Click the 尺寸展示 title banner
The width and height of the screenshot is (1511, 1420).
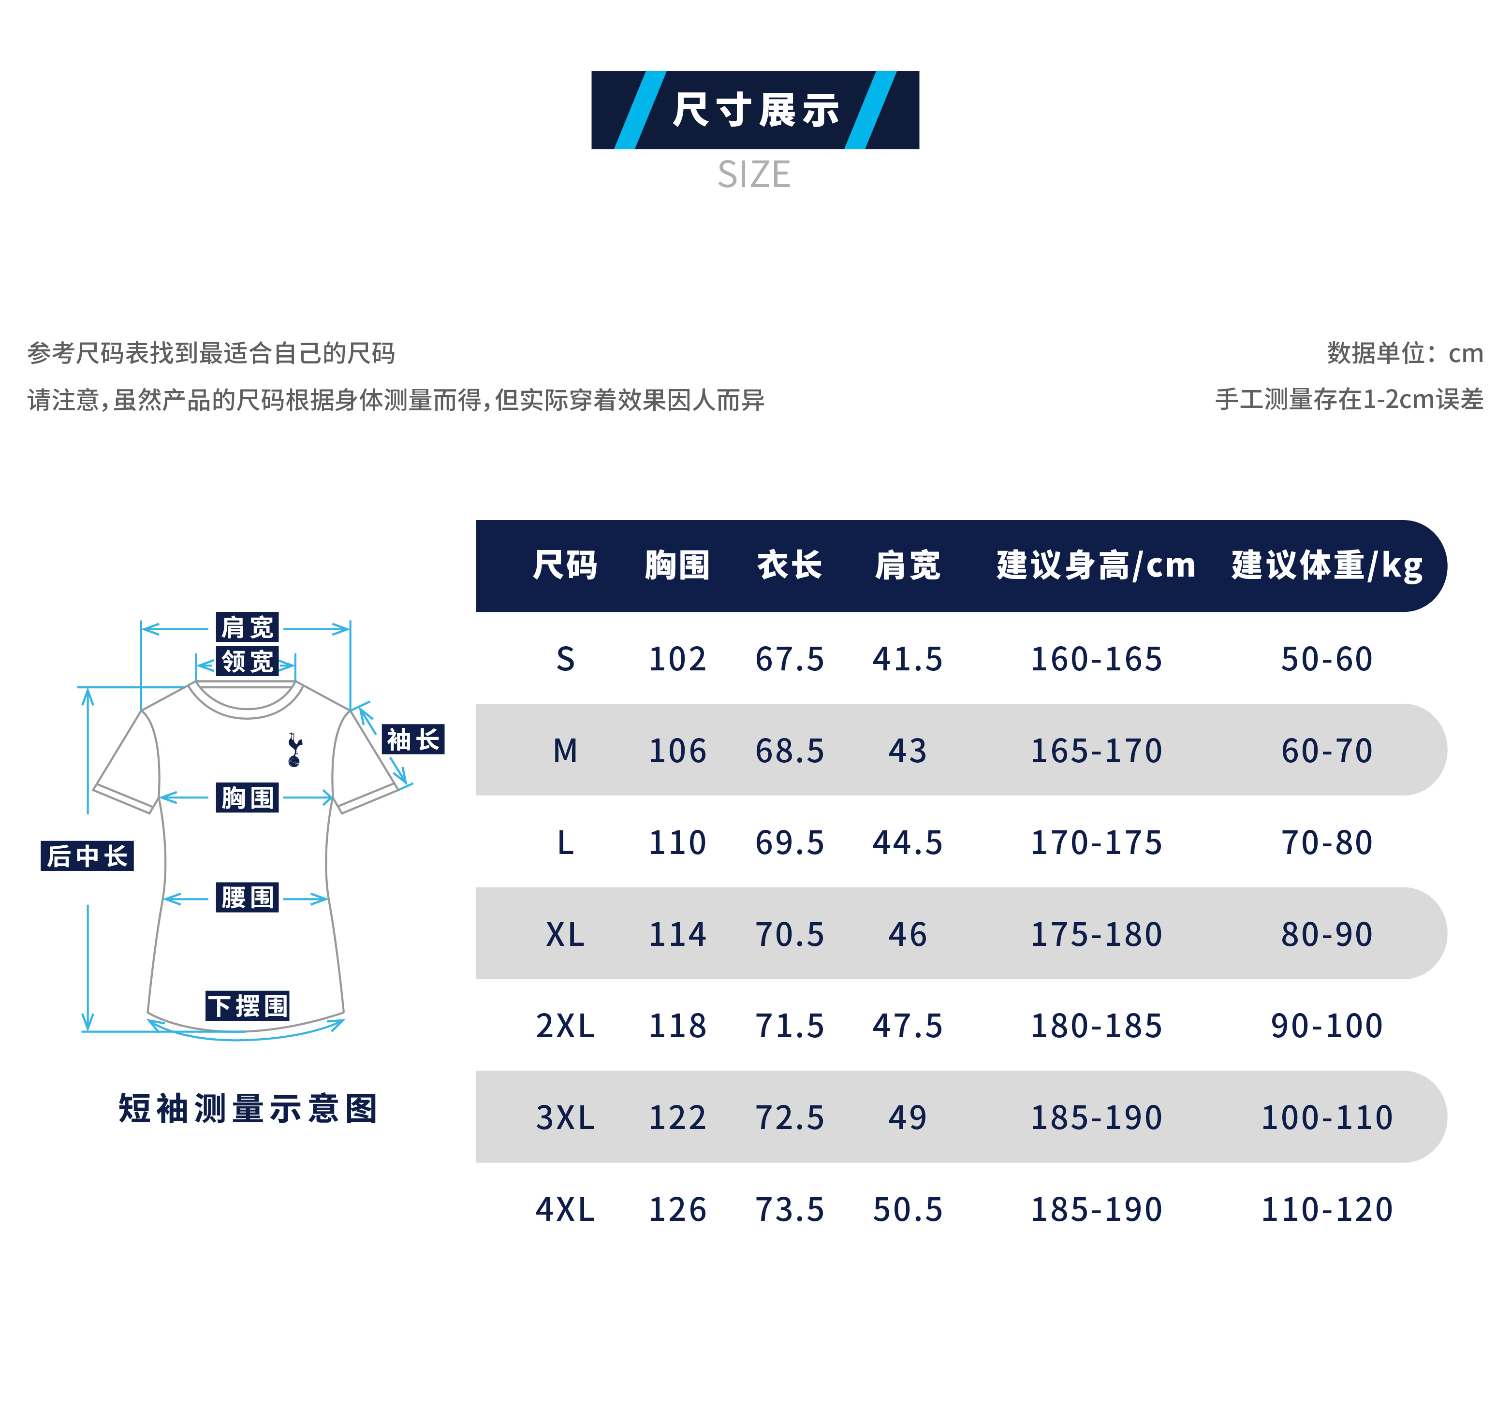click(x=755, y=110)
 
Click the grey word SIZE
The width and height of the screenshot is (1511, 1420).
click(x=754, y=175)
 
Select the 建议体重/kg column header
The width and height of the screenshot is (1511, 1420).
click(x=1326, y=566)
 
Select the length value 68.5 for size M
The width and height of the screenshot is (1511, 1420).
click(x=789, y=751)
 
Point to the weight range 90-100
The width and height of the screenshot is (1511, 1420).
click(x=1326, y=1026)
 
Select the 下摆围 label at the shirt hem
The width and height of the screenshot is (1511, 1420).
click(x=247, y=1006)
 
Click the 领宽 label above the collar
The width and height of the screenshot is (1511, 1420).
click(x=247, y=661)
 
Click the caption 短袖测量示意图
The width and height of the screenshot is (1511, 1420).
click(x=248, y=1108)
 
